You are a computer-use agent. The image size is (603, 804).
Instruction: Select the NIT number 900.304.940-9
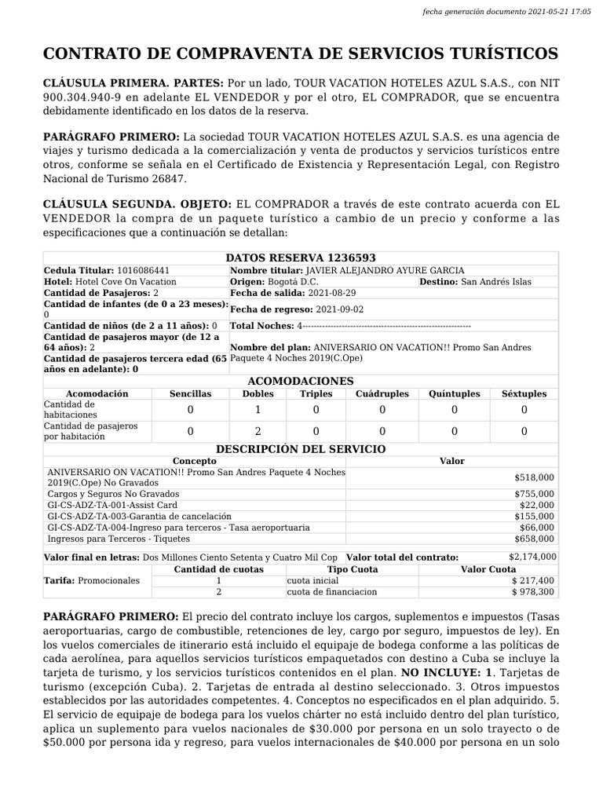pyautogui.click(x=80, y=97)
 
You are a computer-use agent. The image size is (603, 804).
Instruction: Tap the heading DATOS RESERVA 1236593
pyautogui.click(x=301, y=258)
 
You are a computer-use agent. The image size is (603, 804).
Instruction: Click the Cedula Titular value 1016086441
pyautogui.click(x=144, y=270)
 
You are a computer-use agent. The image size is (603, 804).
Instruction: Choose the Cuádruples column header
pyautogui.click(x=382, y=393)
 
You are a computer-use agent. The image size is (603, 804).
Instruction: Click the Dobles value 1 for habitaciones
pyautogui.click(x=258, y=410)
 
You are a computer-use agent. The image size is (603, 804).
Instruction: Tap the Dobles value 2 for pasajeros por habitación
pyautogui.click(x=258, y=431)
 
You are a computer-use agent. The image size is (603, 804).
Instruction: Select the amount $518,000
pyautogui.click(x=534, y=477)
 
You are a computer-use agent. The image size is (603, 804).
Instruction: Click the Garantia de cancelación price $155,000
pyautogui.click(x=534, y=516)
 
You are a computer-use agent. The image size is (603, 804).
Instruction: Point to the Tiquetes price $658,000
pyautogui.click(x=534, y=539)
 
